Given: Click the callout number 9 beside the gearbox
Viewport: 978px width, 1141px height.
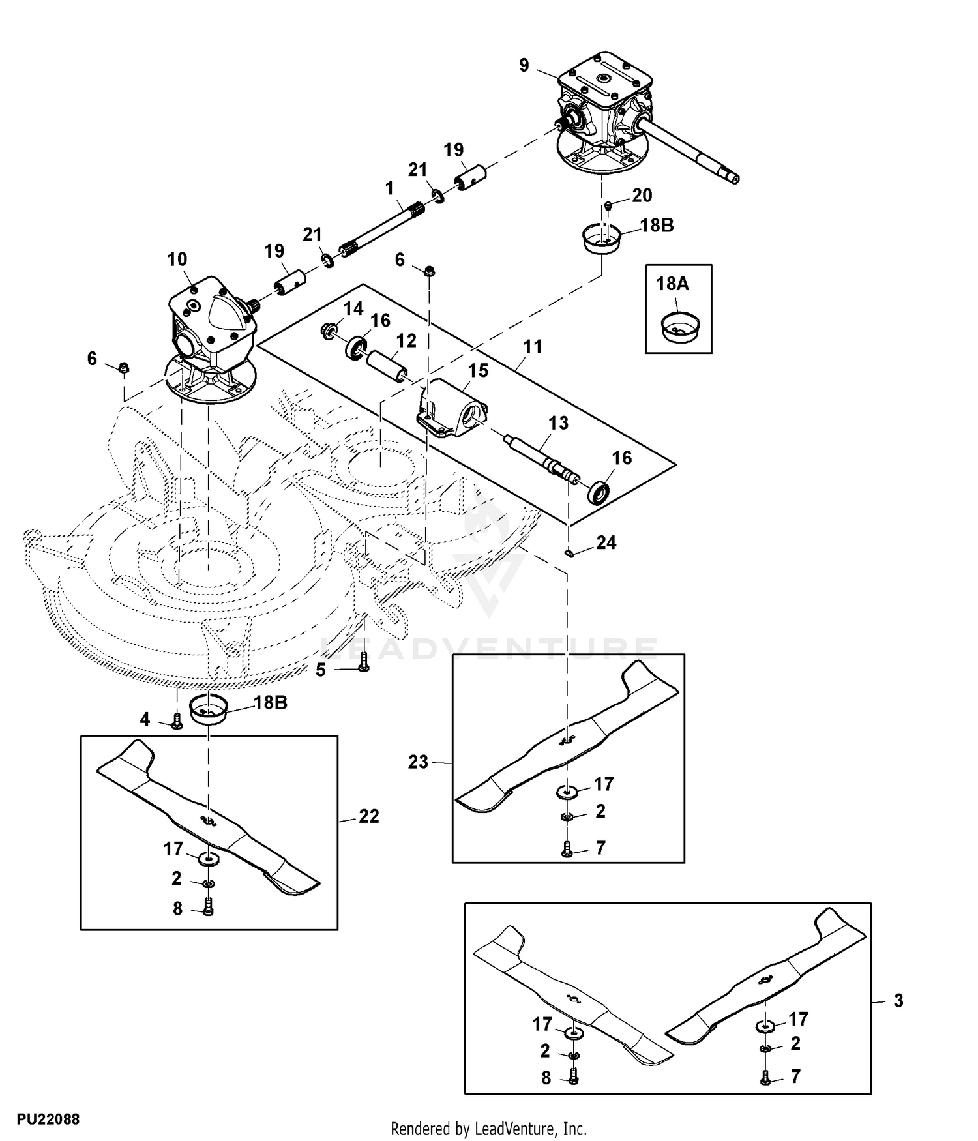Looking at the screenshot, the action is pyautogui.click(x=524, y=65).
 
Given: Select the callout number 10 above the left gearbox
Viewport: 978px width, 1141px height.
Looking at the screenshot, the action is pyautogui.click(x=177, y=259).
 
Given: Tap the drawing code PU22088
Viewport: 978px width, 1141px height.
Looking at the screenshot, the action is pyautogui.click(x=48, y=1119).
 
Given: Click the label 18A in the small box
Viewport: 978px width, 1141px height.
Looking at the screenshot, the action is pyautogui.click(x=672, y=284).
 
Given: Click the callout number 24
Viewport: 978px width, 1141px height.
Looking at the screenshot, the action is pyautogui.click(x=606, y=542).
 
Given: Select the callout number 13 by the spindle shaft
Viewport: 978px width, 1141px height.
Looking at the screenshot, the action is pyautogui.click(x=558, y=423).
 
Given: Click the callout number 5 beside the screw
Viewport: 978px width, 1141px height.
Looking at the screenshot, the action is pyautogui.click(x=320, y=670).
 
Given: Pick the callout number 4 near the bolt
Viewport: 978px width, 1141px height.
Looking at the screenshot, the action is pyautogui.click(x=145, y=719).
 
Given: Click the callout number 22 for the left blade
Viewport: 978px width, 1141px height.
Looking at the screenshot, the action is pyautogui.click(x=369, y=816).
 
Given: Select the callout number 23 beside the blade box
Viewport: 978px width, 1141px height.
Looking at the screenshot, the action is pyautogui.click(x=418, y=762).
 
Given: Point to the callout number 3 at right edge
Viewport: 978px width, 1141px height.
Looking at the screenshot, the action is pyautogui.click(x=898, y=1000).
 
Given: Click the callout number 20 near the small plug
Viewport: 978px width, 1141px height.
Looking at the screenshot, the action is pyautogui.click(x=642, y=195).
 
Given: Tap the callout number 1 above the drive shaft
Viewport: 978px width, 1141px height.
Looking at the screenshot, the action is pyautogui.click(x=390, y=188).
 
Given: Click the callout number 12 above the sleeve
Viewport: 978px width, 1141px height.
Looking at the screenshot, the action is pyautogui.click(x=406, y=340).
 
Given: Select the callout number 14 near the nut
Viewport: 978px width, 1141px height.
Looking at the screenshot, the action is pyautogui.click(x=353, y=308).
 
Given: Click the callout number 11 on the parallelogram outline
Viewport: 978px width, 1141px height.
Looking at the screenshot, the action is pyautogui.click(x=533, y=347).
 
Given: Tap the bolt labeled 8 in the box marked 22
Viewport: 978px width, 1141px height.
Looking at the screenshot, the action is pyautogui.click(x=208, y=907).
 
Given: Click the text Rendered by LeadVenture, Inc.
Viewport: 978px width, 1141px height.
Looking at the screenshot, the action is pyautogui.click(x=488, y=1128).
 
